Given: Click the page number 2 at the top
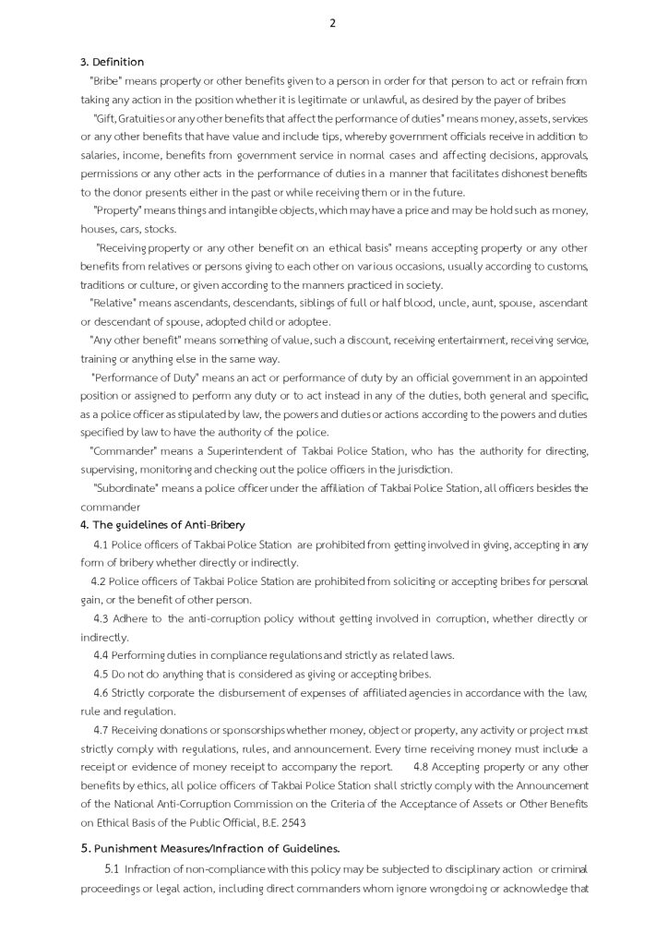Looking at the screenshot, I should pyautogui.click(x=332, y=24).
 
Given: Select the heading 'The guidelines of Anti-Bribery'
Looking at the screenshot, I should pyautogui.click(x=168, y=524).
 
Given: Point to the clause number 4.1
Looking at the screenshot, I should pyautogui.click(x=101, y=544).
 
